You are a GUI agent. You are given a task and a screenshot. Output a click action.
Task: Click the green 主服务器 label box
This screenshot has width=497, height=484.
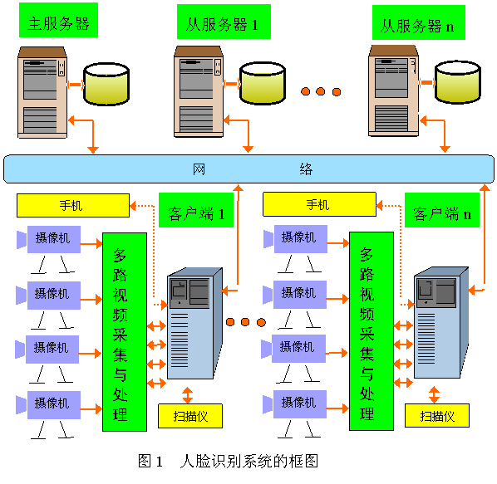click(x=59, y=20)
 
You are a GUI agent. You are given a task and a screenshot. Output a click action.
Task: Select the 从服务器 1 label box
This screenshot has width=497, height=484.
click(x=224, y=22)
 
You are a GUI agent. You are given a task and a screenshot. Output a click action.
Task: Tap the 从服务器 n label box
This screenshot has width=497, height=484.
click(x=419, y=22)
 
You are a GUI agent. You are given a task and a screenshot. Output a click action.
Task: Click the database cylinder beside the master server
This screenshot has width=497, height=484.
click(x=106, y=84)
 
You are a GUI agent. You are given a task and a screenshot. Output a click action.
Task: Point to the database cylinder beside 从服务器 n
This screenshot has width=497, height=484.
click(x=458, y=82)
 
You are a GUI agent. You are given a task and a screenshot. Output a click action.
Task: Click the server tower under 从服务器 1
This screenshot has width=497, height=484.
click(x=199, y=92)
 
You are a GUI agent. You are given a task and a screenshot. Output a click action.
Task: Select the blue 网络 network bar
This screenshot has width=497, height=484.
click(x=248, y=169)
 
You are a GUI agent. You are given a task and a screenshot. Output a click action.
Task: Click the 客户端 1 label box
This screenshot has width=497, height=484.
click(x=196, y=210)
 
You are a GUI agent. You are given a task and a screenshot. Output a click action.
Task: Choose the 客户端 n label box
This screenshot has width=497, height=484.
click(x=442, y=210)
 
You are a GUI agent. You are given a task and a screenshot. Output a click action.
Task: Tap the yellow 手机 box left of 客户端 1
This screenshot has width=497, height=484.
click(x=73, y=205)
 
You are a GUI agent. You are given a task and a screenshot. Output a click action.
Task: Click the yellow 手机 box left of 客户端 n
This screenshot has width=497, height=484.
click(x=319, y=204)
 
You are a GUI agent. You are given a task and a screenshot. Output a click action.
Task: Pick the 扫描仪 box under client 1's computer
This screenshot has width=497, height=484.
click(x=190, y=416)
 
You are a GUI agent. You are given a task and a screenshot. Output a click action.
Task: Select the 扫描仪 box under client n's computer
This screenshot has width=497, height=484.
click(x=437, y=416)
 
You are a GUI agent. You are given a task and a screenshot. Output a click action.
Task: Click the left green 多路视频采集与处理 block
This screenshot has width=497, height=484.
click(x=125, y=332)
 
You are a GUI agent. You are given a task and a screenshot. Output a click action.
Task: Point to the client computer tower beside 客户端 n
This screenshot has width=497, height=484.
click(x=441, y=323)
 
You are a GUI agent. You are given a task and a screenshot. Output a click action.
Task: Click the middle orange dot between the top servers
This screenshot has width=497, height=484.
click(x=321, y=91)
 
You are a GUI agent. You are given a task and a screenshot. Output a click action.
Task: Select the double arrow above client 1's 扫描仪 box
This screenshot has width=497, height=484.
click(x=188, y=394)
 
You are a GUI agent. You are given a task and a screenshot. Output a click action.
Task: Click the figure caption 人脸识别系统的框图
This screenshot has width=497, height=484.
click(x=248, y=462)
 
